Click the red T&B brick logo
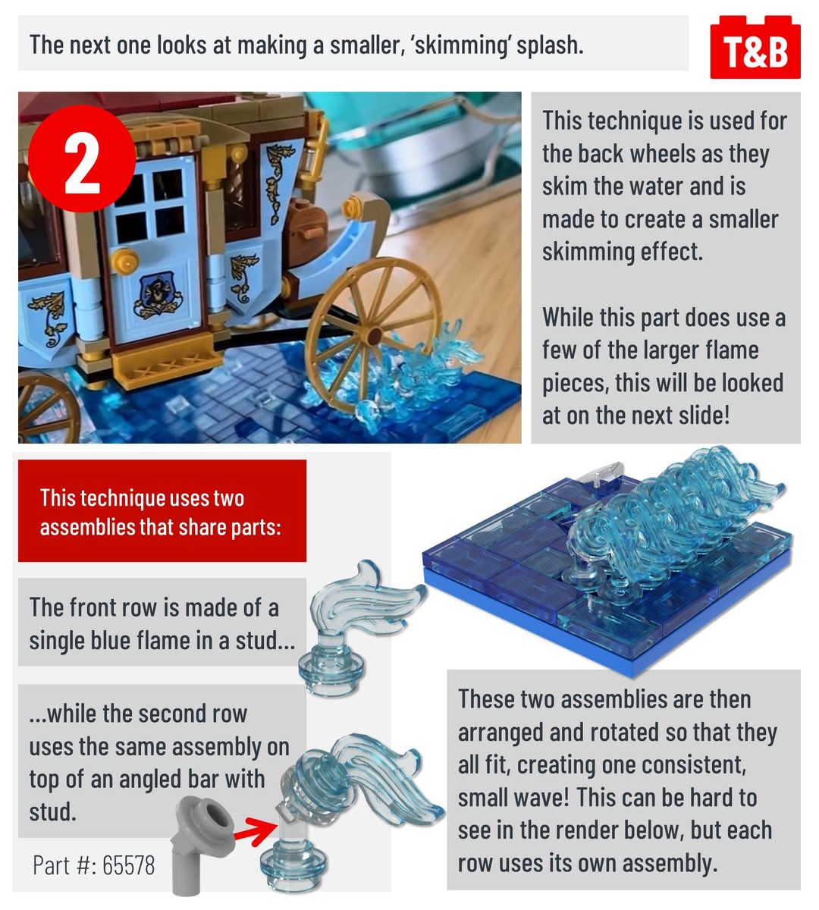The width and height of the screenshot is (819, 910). (x=755, y=47)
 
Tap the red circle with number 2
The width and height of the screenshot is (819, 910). (x=82, y=158)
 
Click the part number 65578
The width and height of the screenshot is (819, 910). (x=128, y=865)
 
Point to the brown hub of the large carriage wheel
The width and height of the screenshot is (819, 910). (x=374, y=336)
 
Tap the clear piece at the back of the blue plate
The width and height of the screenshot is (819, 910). (x=601, y=475)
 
